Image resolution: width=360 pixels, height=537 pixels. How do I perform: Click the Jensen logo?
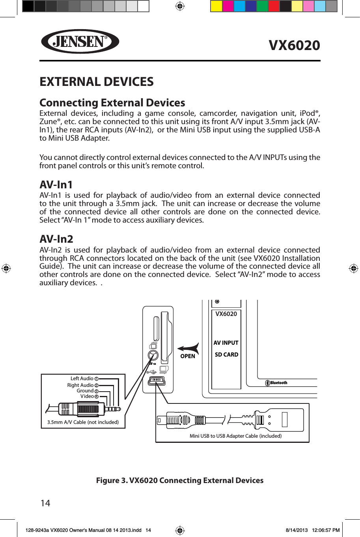80,41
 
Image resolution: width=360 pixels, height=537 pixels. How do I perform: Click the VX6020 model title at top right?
294,45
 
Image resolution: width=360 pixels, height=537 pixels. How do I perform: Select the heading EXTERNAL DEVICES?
97,82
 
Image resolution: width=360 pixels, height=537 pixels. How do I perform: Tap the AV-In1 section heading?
56,184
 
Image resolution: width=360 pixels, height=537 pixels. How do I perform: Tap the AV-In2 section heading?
56,239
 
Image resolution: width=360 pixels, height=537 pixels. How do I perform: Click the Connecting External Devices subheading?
112,102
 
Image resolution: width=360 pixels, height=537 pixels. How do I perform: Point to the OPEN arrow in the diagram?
188,349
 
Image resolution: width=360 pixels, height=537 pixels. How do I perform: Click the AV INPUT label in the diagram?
226,343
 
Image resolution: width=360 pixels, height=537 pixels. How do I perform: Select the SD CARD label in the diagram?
226,355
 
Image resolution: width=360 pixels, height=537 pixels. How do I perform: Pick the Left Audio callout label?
82,379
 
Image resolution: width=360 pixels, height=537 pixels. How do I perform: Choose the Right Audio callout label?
80,385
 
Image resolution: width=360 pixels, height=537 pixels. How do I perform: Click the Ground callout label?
85,391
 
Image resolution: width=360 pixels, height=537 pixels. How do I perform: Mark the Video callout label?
87,396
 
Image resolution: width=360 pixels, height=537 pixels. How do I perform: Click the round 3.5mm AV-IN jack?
153,355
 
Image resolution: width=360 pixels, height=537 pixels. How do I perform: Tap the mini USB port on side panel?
157,381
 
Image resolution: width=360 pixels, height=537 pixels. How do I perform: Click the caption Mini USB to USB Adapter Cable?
235,436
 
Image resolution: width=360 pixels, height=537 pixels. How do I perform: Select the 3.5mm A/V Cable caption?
83,422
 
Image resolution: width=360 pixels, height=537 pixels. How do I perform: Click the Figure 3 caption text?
180,480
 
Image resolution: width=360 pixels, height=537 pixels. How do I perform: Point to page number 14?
45,503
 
